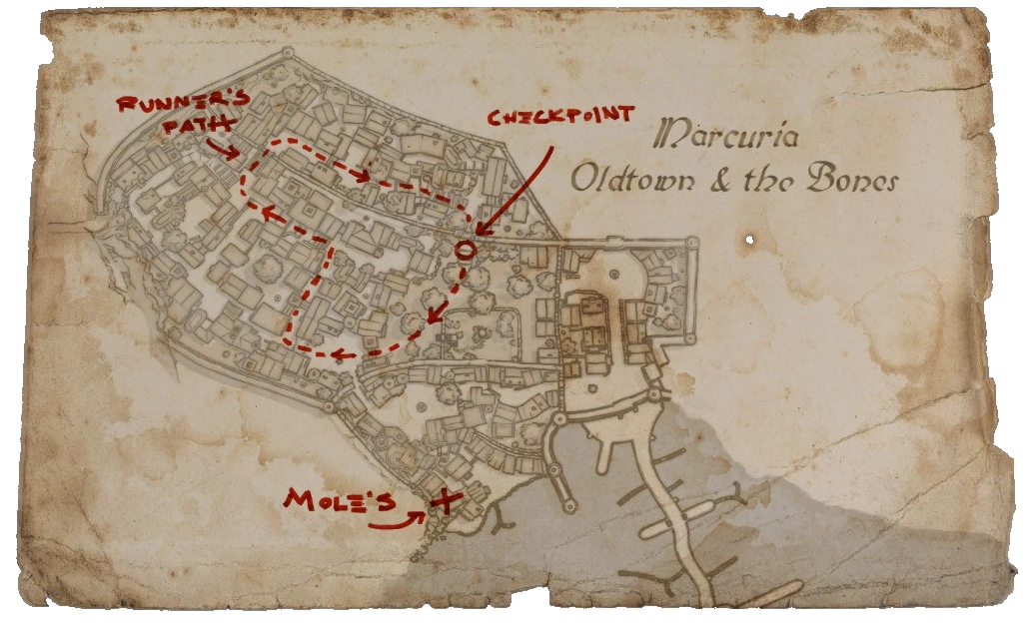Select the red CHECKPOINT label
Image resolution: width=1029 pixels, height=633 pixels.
click(x=559, y=116)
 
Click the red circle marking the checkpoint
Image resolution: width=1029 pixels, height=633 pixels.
click(x=464, y=249)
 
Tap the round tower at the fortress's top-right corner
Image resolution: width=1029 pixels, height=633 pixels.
click(x=689, y=242)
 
